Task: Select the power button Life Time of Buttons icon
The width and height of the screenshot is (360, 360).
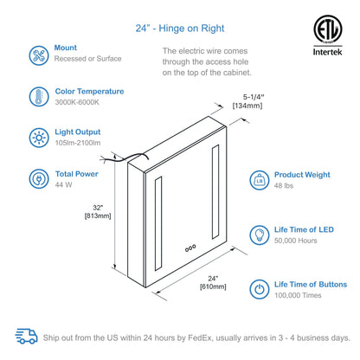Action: point(259,288)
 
